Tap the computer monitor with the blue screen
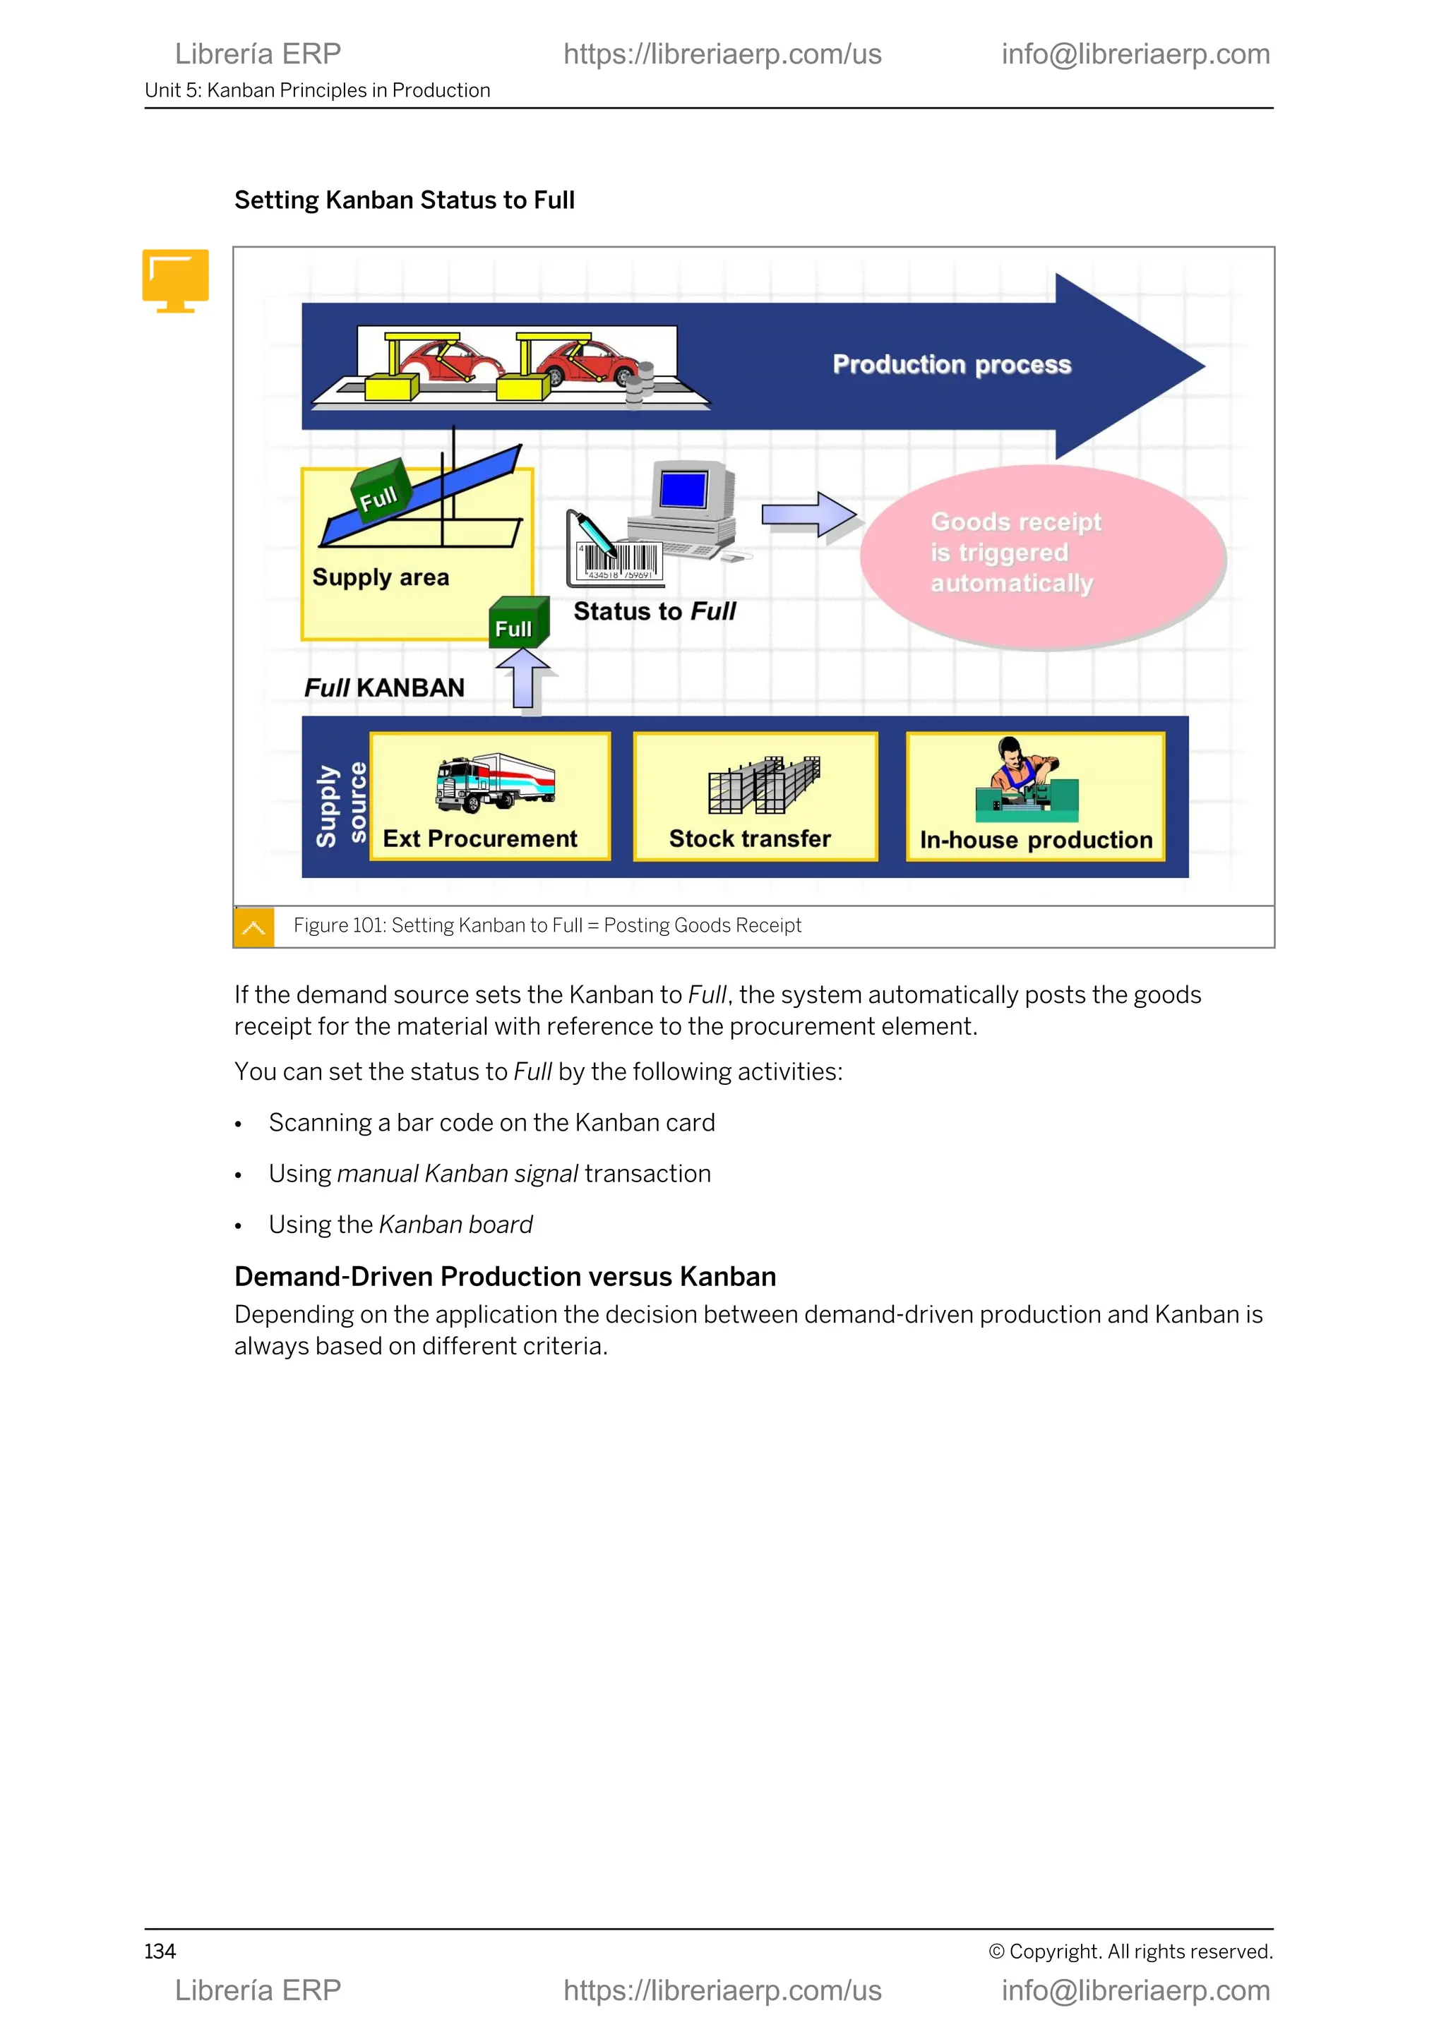pos(685,491)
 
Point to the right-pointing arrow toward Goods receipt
pos(808,515)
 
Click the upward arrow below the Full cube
pos(525,680)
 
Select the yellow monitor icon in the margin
pos(175,279)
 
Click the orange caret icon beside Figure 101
pos(253,927)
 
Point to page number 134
pos(160,1952)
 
